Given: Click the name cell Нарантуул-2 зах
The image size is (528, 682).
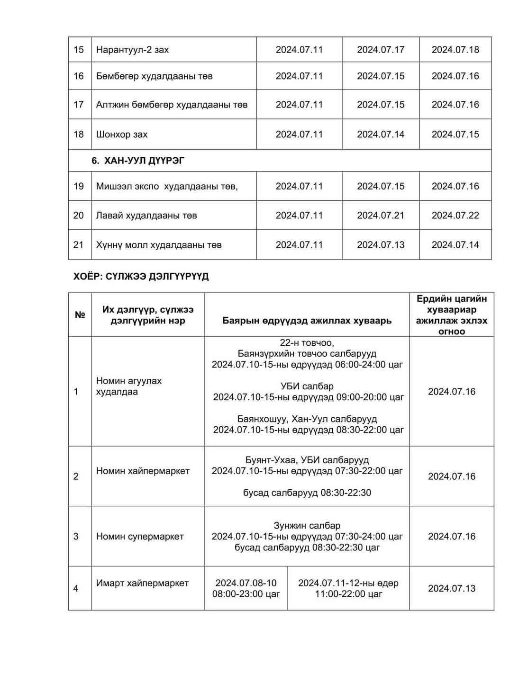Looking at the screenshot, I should point(132,50).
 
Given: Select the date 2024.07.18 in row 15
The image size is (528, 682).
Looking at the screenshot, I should point(455,50).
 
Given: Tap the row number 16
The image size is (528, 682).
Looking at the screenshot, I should point(79,76).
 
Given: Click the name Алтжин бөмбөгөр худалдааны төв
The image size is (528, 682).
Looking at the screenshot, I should point(172,105).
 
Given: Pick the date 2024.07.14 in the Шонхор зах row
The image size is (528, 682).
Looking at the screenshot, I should point(381,135).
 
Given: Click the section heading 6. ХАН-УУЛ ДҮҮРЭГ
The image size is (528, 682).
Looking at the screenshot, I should point(138,161).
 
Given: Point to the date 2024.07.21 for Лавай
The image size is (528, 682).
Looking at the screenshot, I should point(381,215).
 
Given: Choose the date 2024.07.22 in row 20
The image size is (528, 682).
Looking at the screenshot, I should point(455,215).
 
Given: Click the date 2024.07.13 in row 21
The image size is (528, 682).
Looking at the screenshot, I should point(381,245).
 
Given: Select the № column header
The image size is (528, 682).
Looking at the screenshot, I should point(80,315).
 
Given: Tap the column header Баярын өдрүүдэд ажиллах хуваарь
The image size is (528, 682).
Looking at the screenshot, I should point(307,321).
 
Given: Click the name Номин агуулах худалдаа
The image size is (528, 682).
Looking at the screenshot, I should point(129,386).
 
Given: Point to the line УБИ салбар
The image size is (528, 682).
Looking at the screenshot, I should point(307,386).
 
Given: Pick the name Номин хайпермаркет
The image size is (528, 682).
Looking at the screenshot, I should point(143,471).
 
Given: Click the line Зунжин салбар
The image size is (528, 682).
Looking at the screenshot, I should point(307,526).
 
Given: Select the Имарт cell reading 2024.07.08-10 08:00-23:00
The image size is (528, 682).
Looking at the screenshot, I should point(246,588).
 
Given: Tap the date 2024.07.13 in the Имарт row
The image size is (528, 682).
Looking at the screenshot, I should point(452,589).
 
